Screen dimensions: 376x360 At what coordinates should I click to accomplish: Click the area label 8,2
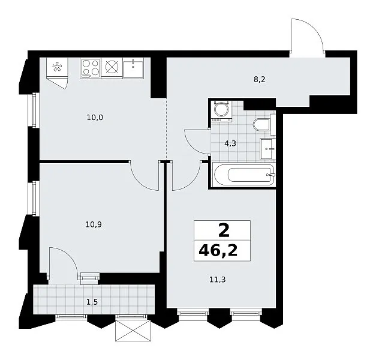click(260, 79)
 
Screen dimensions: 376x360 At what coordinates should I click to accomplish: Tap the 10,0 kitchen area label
click(95, 118)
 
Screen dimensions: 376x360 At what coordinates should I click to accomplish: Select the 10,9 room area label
click(94, 224)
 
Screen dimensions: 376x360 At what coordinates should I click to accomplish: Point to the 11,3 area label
click(218, 280)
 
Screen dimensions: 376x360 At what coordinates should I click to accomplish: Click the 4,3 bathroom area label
click(230, 143)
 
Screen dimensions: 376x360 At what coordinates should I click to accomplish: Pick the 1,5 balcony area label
click(92, 302)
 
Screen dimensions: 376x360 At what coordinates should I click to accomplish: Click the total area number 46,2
click(218, 251)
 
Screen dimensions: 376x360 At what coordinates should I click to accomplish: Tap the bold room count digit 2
click(224, 230)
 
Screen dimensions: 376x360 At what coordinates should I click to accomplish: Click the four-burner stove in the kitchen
click(91, 68)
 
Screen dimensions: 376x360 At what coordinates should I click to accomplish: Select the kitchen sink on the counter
click(133, 68)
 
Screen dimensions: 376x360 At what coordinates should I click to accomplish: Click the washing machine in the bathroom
click(221, 111)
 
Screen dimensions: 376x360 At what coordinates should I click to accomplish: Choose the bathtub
click(244, 175)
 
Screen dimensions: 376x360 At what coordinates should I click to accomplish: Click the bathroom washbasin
click(267, 149)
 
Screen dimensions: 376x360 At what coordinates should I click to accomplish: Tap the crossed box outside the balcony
click(133, 331)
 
